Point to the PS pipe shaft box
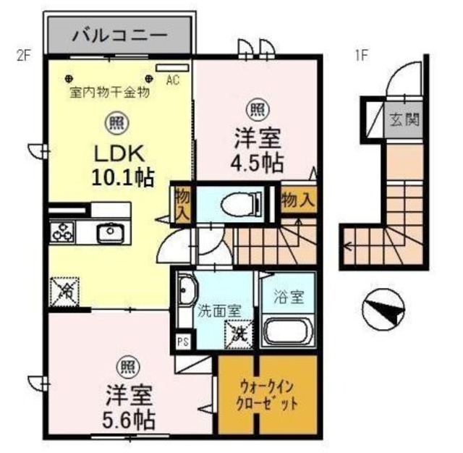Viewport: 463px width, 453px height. [x=182, y=342]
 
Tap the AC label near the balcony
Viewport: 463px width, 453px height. [x=174, y=80]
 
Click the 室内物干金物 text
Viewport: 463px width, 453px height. [x=110, y=92]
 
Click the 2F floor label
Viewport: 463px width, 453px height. [x=23, y=57]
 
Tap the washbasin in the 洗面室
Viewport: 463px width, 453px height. [x=186, y=292]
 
